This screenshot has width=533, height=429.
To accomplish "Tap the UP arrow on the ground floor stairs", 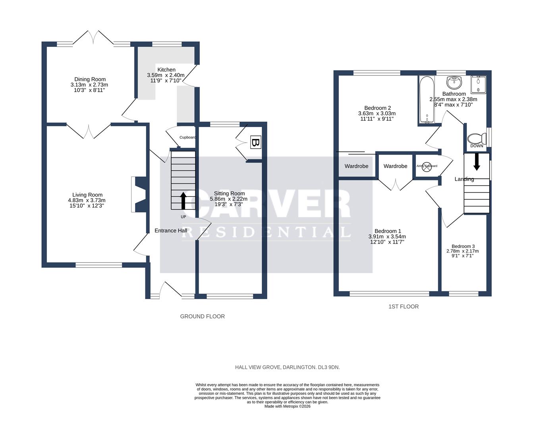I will [x=183, y=201].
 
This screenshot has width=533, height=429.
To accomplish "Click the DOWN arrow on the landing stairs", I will [x=477, y=161].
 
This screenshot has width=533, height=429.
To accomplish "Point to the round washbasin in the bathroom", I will [x=454, y=83].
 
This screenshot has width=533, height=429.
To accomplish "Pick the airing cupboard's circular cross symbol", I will [x=427, y=166].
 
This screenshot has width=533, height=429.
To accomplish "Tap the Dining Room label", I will [x=90, y=79].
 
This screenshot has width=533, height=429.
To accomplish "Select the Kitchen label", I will [x=166, y=70].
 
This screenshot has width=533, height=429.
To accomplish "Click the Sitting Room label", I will [x=229, y=193].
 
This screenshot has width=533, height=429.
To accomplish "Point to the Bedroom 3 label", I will [x=463, y=246].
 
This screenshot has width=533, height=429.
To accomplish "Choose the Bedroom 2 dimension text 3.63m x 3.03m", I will [x=377, y=113].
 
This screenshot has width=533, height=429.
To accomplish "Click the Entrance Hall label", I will [x=171, y=230].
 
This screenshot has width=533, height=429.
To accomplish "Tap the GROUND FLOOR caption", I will [x=203, y=317].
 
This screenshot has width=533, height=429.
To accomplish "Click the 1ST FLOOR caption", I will [x=404, y=307].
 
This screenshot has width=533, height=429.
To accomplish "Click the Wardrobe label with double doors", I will [x=395, y=166].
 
